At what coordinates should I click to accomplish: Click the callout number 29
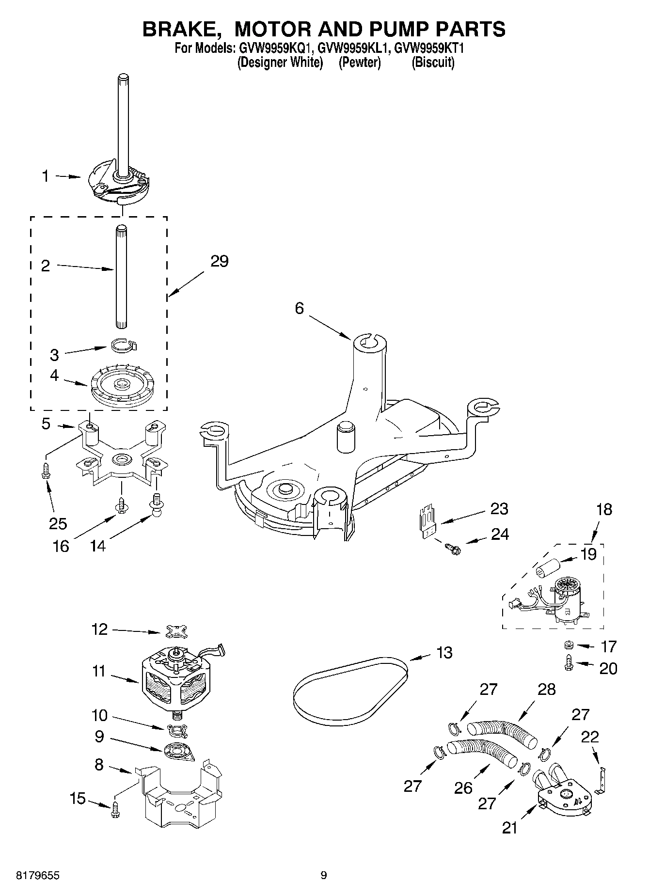tap(220, 262)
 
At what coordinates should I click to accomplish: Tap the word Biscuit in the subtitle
tap(433, 63)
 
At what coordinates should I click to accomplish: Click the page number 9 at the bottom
tap(324, 875)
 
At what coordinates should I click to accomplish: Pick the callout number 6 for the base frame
tap(300, 308)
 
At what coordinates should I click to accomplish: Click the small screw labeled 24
tap(453, 548)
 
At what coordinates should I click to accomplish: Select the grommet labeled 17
tap(569, 645)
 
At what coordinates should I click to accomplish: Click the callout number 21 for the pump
tap(509, 828)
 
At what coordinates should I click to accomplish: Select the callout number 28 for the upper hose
tap(547, 689)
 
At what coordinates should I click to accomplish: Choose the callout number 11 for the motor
tap(98, 672)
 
